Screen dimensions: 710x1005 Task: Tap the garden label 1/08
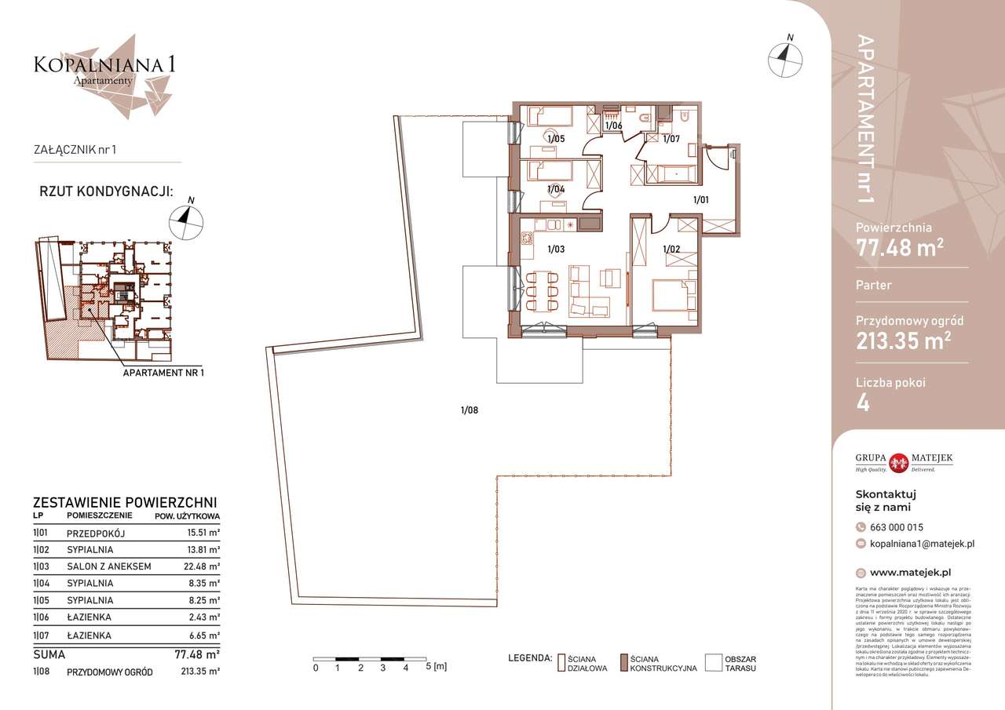point(469,409)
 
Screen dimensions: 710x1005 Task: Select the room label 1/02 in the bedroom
point(671,249)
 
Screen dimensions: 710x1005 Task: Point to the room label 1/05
point(556,139)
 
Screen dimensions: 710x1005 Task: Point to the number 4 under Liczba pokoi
point(864,405)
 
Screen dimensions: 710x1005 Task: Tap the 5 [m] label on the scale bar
point(437,668)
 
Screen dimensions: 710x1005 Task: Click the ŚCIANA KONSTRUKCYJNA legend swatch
point(624,663)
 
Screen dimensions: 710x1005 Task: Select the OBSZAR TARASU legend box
point(713,663)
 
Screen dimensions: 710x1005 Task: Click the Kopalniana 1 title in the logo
point(104,64)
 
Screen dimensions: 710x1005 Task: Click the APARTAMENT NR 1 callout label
point(163,373)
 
